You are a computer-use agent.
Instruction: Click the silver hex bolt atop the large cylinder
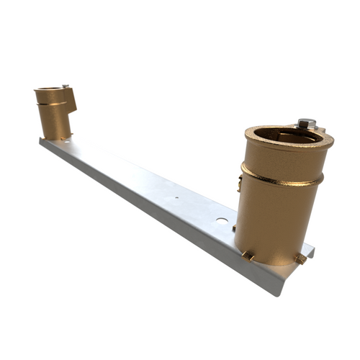point(305,123)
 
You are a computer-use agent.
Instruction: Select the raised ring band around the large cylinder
point(281,177)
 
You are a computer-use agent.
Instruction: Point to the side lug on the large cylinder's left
point(238,181)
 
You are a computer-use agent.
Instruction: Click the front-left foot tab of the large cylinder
point(248,254)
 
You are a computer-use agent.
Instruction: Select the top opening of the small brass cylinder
point(50,91)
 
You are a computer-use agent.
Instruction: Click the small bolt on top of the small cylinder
point(66,87)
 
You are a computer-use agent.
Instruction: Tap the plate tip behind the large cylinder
point(310,250)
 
